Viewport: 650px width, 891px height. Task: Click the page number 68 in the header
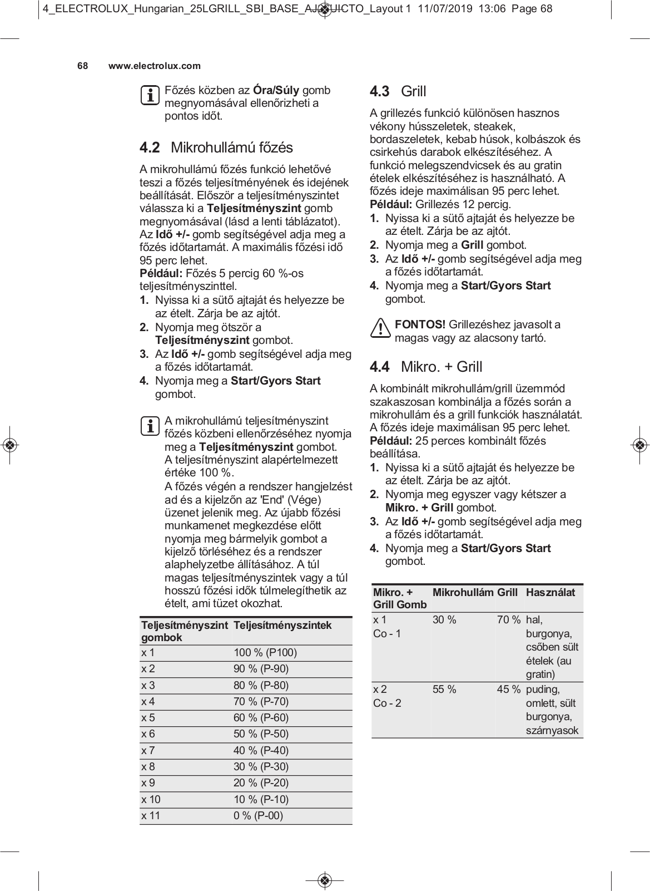(82, 66)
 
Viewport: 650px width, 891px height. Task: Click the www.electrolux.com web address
(154, 66)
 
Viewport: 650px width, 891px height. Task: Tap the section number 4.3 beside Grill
(379, 91)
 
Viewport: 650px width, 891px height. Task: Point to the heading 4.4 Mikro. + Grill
(426, 367)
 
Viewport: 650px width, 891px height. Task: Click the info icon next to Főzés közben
(149, 95)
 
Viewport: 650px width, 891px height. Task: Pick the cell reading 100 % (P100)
(265, 652)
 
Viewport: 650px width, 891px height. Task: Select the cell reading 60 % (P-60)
(261, 717)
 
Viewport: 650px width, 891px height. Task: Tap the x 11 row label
(151, 815)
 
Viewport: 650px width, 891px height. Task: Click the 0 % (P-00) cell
(258, 815)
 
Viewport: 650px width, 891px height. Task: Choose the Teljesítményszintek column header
(282, 625)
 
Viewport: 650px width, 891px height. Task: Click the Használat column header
(550, 592)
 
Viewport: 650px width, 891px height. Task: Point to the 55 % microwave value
(444, 689)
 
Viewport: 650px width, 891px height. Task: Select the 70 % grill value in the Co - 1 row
(508, 619)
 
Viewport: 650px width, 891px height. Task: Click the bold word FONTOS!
(420, 324)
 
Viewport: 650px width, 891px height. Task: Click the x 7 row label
(148, 750)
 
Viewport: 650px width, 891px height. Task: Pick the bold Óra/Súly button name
(276, 90)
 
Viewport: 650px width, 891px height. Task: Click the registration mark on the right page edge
(640, 445)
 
